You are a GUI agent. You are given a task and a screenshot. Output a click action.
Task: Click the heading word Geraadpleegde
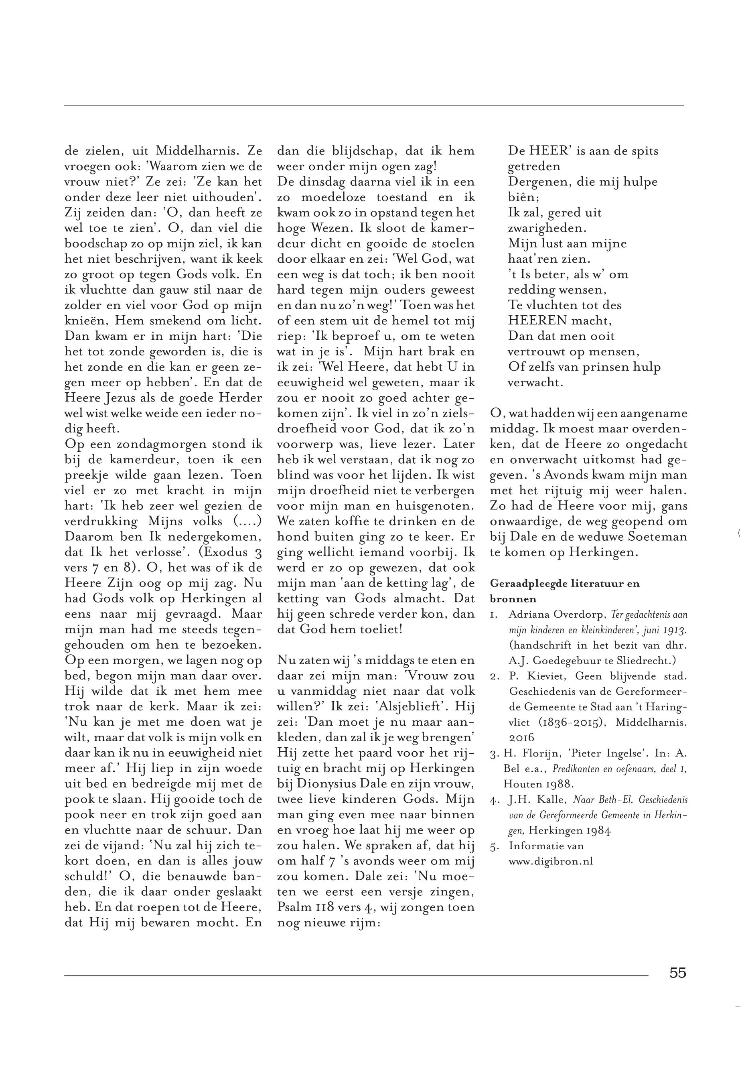(526, 584)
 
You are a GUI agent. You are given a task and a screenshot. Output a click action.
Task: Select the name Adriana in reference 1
(527, 615)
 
